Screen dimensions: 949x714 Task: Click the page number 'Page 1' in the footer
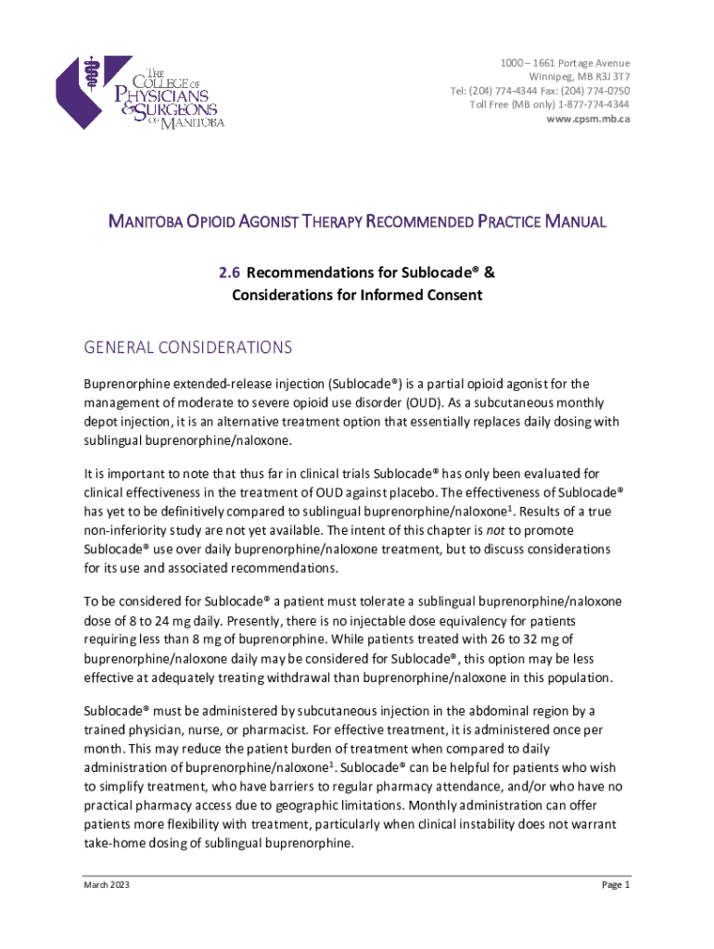(x=616, y=885)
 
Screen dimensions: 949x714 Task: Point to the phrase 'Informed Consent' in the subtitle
(x=427, y=295)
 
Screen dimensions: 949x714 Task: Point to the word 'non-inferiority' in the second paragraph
(x=125, y=530)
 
